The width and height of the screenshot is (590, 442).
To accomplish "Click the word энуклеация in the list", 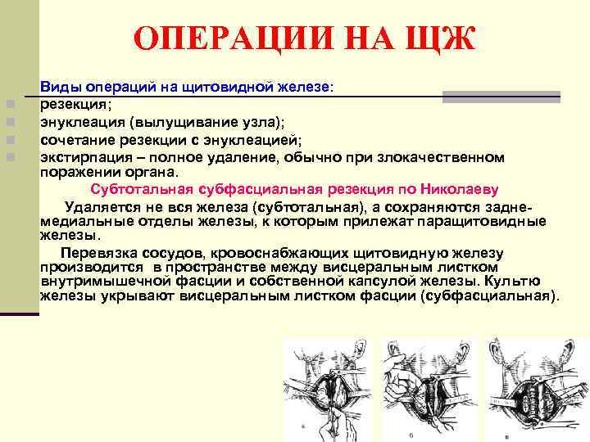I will [x=80, y=122].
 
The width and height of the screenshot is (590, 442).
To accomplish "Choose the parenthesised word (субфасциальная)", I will [x=488, y=295].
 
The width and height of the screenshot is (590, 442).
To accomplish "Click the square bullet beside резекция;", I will [x=7, y=105].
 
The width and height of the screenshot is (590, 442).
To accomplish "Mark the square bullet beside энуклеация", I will [x=7, y=122].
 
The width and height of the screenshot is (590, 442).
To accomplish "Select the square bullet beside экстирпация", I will [x=7, y=156].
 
